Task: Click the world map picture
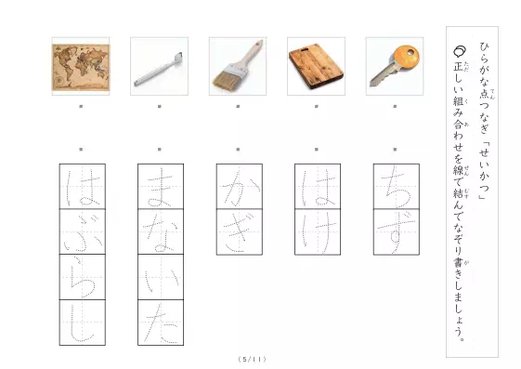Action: [81, 66]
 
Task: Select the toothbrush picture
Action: [159, 66]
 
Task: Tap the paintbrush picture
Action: [237, 66]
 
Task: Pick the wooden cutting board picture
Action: [316, 66]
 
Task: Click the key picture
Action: [394, 66]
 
